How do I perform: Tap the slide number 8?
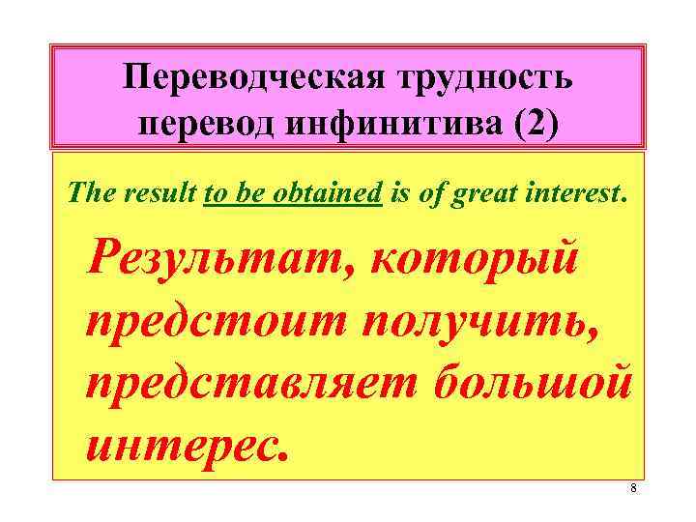click(x=633, y=488)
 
